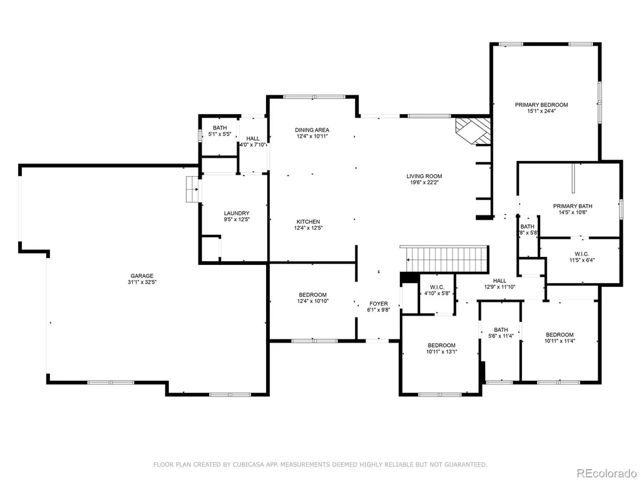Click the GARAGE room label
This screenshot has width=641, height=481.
[142, 276]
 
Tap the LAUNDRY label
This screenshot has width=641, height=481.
[237, 213]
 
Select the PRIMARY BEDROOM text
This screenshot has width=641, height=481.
[541, 105]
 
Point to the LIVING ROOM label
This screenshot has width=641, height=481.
[424, 176]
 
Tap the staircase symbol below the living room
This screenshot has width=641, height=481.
[444, 259]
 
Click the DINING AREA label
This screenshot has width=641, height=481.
[312, 130]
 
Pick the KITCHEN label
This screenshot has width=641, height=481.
[308, 222]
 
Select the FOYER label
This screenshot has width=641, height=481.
[379, 304]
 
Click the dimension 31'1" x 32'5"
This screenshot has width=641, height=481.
[142, 282]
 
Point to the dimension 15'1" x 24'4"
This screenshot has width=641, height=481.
[541, 111]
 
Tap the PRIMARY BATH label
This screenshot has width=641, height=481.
[573, 206]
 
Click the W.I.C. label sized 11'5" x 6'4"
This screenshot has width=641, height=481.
[582, 254]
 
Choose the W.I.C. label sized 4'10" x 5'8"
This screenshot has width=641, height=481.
[437, 287]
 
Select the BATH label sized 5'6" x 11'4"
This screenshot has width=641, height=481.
[501, 329]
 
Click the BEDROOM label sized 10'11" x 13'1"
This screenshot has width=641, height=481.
[441, 345]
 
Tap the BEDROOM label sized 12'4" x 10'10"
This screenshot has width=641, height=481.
[313, 295]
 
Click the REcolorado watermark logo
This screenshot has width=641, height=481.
[607, 473]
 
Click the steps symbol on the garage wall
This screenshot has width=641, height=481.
[192, 189]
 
